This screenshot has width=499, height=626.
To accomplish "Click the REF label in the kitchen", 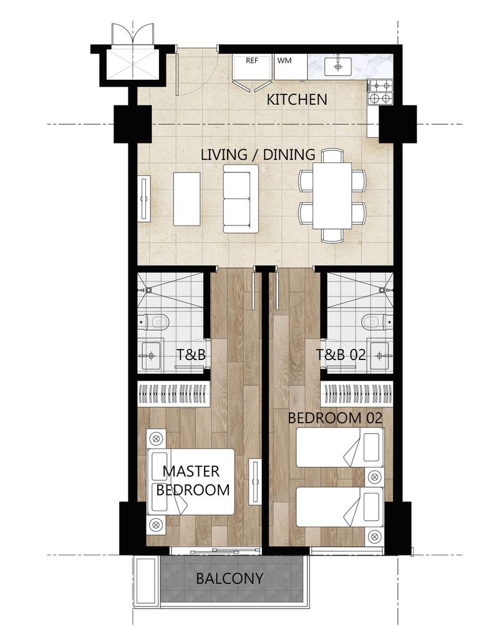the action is (x=252, y=61).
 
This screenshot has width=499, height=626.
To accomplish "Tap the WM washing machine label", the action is (x=284, y=61).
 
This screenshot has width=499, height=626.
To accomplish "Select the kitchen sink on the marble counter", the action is (x=338, y=66).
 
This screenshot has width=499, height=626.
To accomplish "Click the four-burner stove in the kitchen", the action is (x=380, y=92).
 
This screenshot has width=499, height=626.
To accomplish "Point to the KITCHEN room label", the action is (x=297, y=99).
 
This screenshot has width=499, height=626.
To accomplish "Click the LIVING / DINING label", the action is (x=258, y=155).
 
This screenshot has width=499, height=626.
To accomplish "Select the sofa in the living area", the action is (x=241, y=199).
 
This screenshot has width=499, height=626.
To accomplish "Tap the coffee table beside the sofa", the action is (x=187, y=199).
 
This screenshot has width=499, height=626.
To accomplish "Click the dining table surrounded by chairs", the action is (x=332, y=195).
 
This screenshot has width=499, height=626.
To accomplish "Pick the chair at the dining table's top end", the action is (x=332, y=155).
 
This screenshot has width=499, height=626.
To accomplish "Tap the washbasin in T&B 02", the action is (x=380, y=355).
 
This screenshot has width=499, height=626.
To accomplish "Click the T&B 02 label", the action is (x=341, y=355).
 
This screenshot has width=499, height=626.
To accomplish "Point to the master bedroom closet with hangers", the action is (x=173, y=394).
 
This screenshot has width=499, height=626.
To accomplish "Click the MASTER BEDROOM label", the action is (x=193, y=481).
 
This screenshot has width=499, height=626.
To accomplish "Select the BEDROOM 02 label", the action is (x=335, y=418).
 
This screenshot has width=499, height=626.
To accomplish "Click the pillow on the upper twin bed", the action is (x=371, y=447).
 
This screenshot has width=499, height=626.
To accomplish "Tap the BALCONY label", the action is (x=230, y=578).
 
